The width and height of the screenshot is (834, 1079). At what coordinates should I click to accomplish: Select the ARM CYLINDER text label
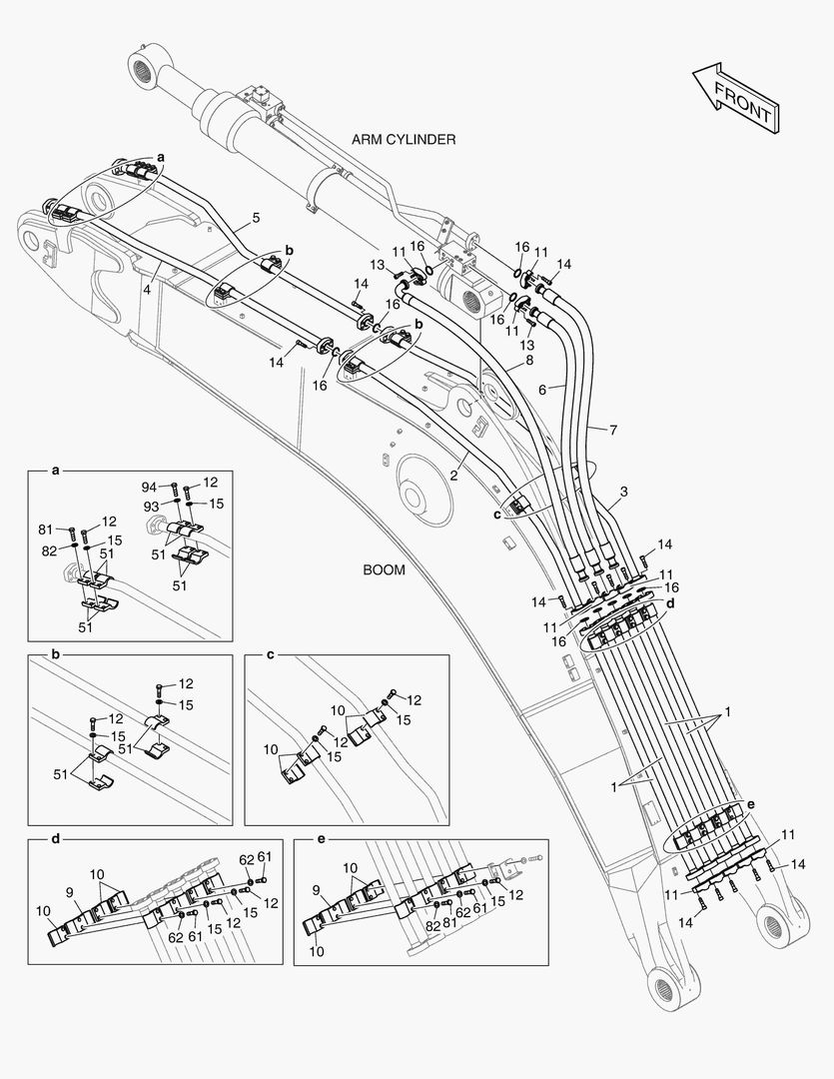pos(404,140)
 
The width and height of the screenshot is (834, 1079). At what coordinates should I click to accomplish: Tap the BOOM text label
pos(385,570)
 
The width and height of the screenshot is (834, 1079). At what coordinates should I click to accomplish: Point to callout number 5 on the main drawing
pos(256,218)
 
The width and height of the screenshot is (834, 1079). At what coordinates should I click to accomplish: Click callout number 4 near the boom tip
pos(147,291)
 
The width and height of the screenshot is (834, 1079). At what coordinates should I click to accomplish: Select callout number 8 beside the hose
pos(529,362)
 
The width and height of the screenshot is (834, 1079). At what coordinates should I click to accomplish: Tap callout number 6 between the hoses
pos(542,392)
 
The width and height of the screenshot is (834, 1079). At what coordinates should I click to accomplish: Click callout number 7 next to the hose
pos(612,429)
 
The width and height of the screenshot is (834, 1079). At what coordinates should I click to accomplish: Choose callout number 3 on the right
pos(623,492)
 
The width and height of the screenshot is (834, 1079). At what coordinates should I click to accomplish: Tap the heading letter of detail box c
pos(270,655)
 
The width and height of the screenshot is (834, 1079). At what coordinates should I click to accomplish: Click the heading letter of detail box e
pos(320,840)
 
